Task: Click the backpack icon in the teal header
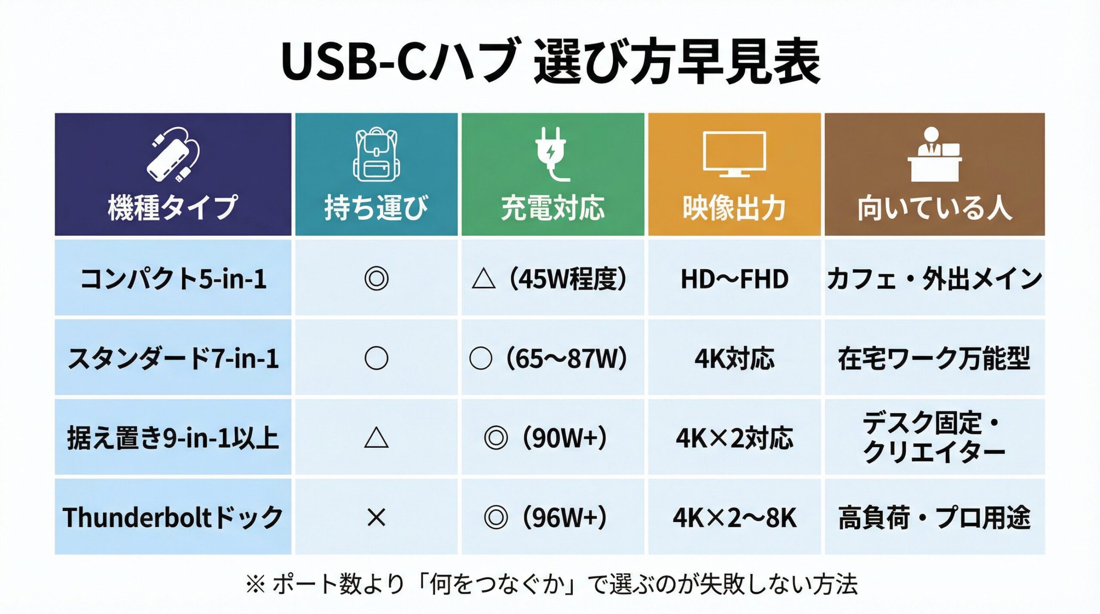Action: tap(376, 155)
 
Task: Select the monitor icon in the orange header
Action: tap(734, 154)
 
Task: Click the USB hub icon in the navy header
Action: tap(174, 155)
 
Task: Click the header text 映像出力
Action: tap(734, 208)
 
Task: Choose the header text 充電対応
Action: tap(553, 208)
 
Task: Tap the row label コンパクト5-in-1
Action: tap(173, 279)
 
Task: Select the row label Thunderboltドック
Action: tap(173, 517)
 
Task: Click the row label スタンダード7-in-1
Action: tap(173, 358)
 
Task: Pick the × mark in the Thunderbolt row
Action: tap(376, 517)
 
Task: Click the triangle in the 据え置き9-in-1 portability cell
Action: tap(376, 439)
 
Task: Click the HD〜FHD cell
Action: tap(734, 279)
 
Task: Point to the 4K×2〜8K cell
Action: tap(734, 517)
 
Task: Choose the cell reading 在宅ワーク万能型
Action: tap(934, 358)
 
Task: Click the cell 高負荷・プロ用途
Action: tap(934, 517)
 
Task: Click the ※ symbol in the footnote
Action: tap(256, 585)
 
